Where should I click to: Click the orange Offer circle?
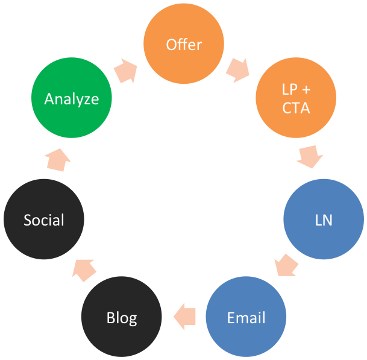(x=184, y=45)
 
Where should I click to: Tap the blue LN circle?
(x=324, y=219)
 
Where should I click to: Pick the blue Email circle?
(x=246, y=317)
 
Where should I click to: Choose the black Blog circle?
(x=122, y=317)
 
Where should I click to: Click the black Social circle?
(x=44, y=219)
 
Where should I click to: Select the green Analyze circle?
(x=71, y=98)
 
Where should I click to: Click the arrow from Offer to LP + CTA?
(x=238, y=69)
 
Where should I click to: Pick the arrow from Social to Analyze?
(x=58, y=158)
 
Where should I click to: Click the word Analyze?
(x=71, y=98)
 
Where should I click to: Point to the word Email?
(x=246, y=317)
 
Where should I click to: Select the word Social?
(x=44, y=219)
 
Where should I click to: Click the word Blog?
(x=122, y=317)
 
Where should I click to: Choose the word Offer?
(x=184, y=45)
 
